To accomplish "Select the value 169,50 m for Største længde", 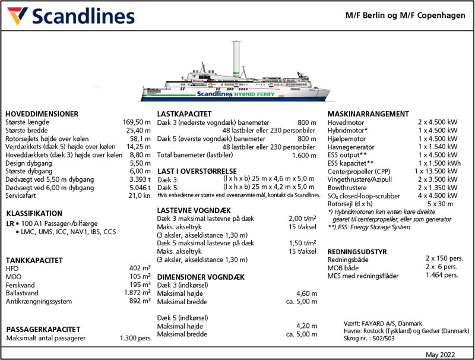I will click(137, 122).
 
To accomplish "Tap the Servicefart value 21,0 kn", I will click(140, 195).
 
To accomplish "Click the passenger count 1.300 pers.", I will click(135, 338).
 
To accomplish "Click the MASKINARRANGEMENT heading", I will click(368, 114).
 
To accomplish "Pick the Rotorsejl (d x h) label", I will click(354, 203).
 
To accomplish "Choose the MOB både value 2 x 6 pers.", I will click(441, 267).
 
